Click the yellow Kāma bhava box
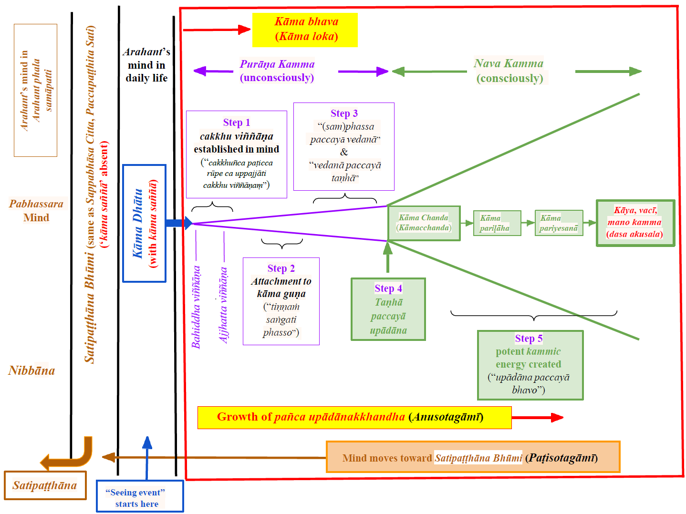click(305, 30)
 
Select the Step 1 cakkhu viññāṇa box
click(237, 154)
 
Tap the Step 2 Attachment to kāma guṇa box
click(281, 301)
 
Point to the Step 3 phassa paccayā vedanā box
click(344, 146)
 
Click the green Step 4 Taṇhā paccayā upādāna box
click(388, 309)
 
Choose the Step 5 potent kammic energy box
click(530, 365)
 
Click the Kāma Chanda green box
click(424, 223)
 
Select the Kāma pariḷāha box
click(497, 223)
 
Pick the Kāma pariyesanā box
click(559, 223)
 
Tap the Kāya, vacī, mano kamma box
click(635, 223)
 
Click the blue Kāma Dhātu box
click(144, 223)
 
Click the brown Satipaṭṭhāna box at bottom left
click(45, 485)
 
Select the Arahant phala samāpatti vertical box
click(36, 90)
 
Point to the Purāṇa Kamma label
click(277, 71)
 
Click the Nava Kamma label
click(509, 71)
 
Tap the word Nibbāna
click(31, 370)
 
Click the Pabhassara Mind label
click(36, 210)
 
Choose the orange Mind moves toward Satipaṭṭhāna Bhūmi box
click(473, 457)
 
